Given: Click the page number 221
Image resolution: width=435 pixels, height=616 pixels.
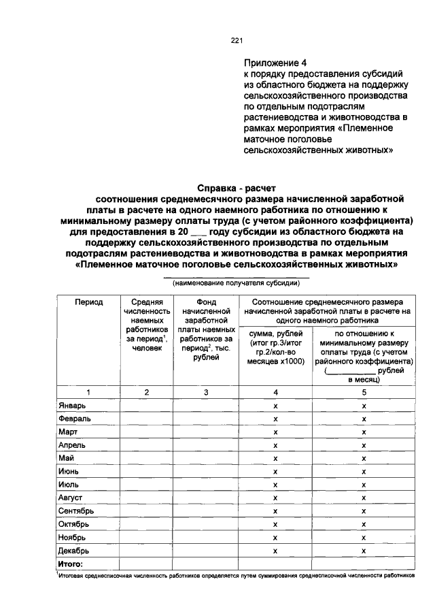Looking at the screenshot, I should (237, 40).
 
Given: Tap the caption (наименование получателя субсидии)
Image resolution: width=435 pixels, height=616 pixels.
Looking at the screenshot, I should (236, 282).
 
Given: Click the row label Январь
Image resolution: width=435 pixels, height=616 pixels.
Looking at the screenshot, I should (72, 405).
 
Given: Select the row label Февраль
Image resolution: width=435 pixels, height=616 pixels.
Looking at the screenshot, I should (74, 418).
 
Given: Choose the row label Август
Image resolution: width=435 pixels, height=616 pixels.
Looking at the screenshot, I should (71, 498).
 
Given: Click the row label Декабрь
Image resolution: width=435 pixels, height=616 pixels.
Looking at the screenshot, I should (74, 551).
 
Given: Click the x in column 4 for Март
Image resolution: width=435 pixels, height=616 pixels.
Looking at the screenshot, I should (275, 432).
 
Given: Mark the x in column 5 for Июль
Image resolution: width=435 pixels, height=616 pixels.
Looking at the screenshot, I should (364, 485).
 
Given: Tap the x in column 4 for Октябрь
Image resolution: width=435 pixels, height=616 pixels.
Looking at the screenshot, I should (275, 525).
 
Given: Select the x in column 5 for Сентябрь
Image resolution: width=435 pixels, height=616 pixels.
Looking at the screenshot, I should (364, 511).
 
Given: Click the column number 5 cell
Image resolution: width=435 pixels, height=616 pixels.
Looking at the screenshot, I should (364, 392).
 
